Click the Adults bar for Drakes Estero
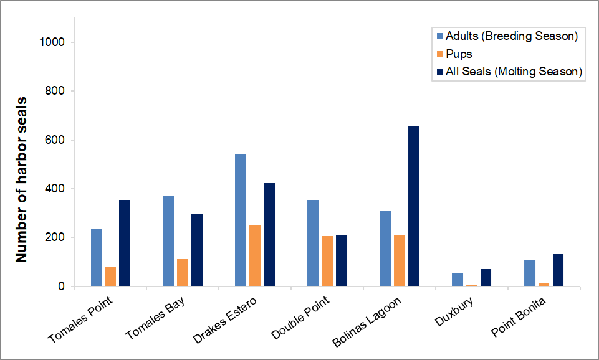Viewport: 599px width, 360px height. click(x=240, y=220)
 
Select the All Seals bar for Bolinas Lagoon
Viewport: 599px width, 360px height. click(x=413, y=206)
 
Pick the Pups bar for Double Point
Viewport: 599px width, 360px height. click(x=327, y=262)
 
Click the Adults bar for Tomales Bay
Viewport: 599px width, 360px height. click(x=168, y=241)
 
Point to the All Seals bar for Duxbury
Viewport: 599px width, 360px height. click(x=486, y=278)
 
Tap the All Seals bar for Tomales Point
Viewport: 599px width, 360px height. click(x=125, y=243)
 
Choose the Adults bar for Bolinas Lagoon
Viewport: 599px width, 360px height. click(x=385, y=249)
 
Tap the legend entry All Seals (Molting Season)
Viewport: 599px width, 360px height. click(x=514, y=72)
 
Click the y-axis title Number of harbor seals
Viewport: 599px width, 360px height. click(x=21, y=179)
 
